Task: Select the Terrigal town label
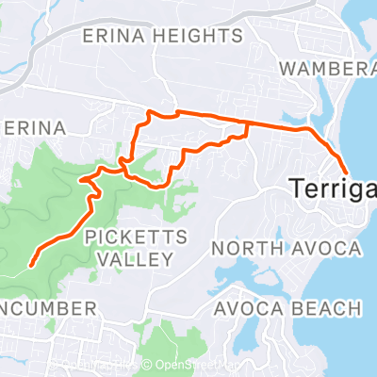(331, 188)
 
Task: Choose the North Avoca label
(286, 248)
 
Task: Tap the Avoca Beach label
(287, 308)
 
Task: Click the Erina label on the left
(34, 127)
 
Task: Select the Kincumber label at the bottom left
(47, 308)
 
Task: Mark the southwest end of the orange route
(32, 265)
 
